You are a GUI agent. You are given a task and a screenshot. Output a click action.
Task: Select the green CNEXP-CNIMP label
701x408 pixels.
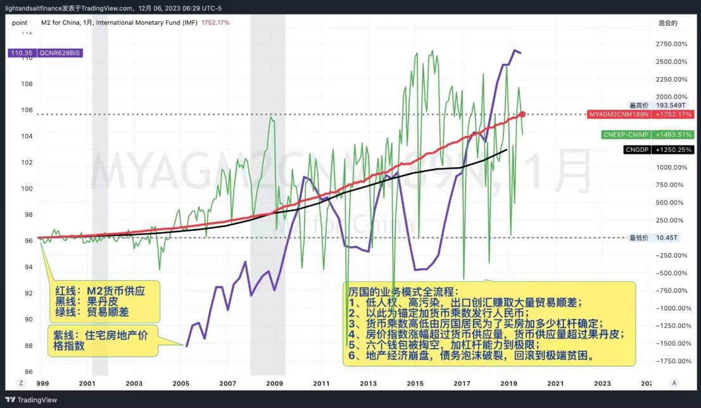click(x=647, y=135)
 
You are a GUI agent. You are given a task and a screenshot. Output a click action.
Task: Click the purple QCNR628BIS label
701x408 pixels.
click(x=44, y=53)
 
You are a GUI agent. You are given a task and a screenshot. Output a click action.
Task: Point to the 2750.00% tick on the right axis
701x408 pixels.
click(x=672, y=44)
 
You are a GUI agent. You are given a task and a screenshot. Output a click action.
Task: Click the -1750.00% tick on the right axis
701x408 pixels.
click(x=672, y=361)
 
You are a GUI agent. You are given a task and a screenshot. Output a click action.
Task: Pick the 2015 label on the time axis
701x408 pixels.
click(x=415, y=383)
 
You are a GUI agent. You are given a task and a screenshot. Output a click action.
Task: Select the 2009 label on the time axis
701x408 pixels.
click(x=275, y=383)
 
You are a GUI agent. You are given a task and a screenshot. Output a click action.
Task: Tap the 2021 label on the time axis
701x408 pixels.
click(x=555, y=383)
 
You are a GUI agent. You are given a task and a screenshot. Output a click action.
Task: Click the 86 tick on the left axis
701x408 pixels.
click(x=28, y=371)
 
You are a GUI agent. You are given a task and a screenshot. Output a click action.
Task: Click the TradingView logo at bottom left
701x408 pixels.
click(x=31, y=400)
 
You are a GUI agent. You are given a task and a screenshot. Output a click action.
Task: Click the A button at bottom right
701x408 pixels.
click(x=674, y=383)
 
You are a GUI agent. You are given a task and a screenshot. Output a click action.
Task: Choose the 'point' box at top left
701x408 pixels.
click(x=20, y=22)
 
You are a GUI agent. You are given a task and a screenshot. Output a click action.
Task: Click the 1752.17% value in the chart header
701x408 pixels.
click(x=215, y=22)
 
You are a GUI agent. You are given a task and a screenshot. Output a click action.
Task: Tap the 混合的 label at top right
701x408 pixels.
click(x=668, y=22)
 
